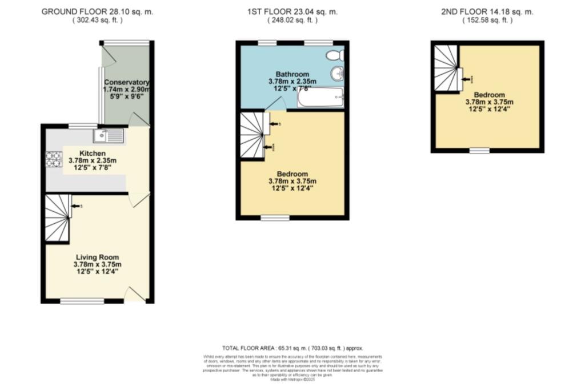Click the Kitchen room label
(x=91, y=153)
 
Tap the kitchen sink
(x=109, y=136)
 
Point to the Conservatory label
(x=127, y=82)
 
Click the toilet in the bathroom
(x=334, y=55)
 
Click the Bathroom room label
(x=292, y=74)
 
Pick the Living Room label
(x=97, y=257)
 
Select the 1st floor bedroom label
(x=292, y=174)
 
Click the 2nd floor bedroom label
(x=489, y=95)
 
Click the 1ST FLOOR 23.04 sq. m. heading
(x=292, y=11)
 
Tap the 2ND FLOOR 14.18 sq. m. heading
(x=488, y=11)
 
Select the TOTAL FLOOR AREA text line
(x=292, y=348)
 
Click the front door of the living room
(x=136, y=294)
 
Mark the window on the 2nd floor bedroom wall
(x=480, y=151)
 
